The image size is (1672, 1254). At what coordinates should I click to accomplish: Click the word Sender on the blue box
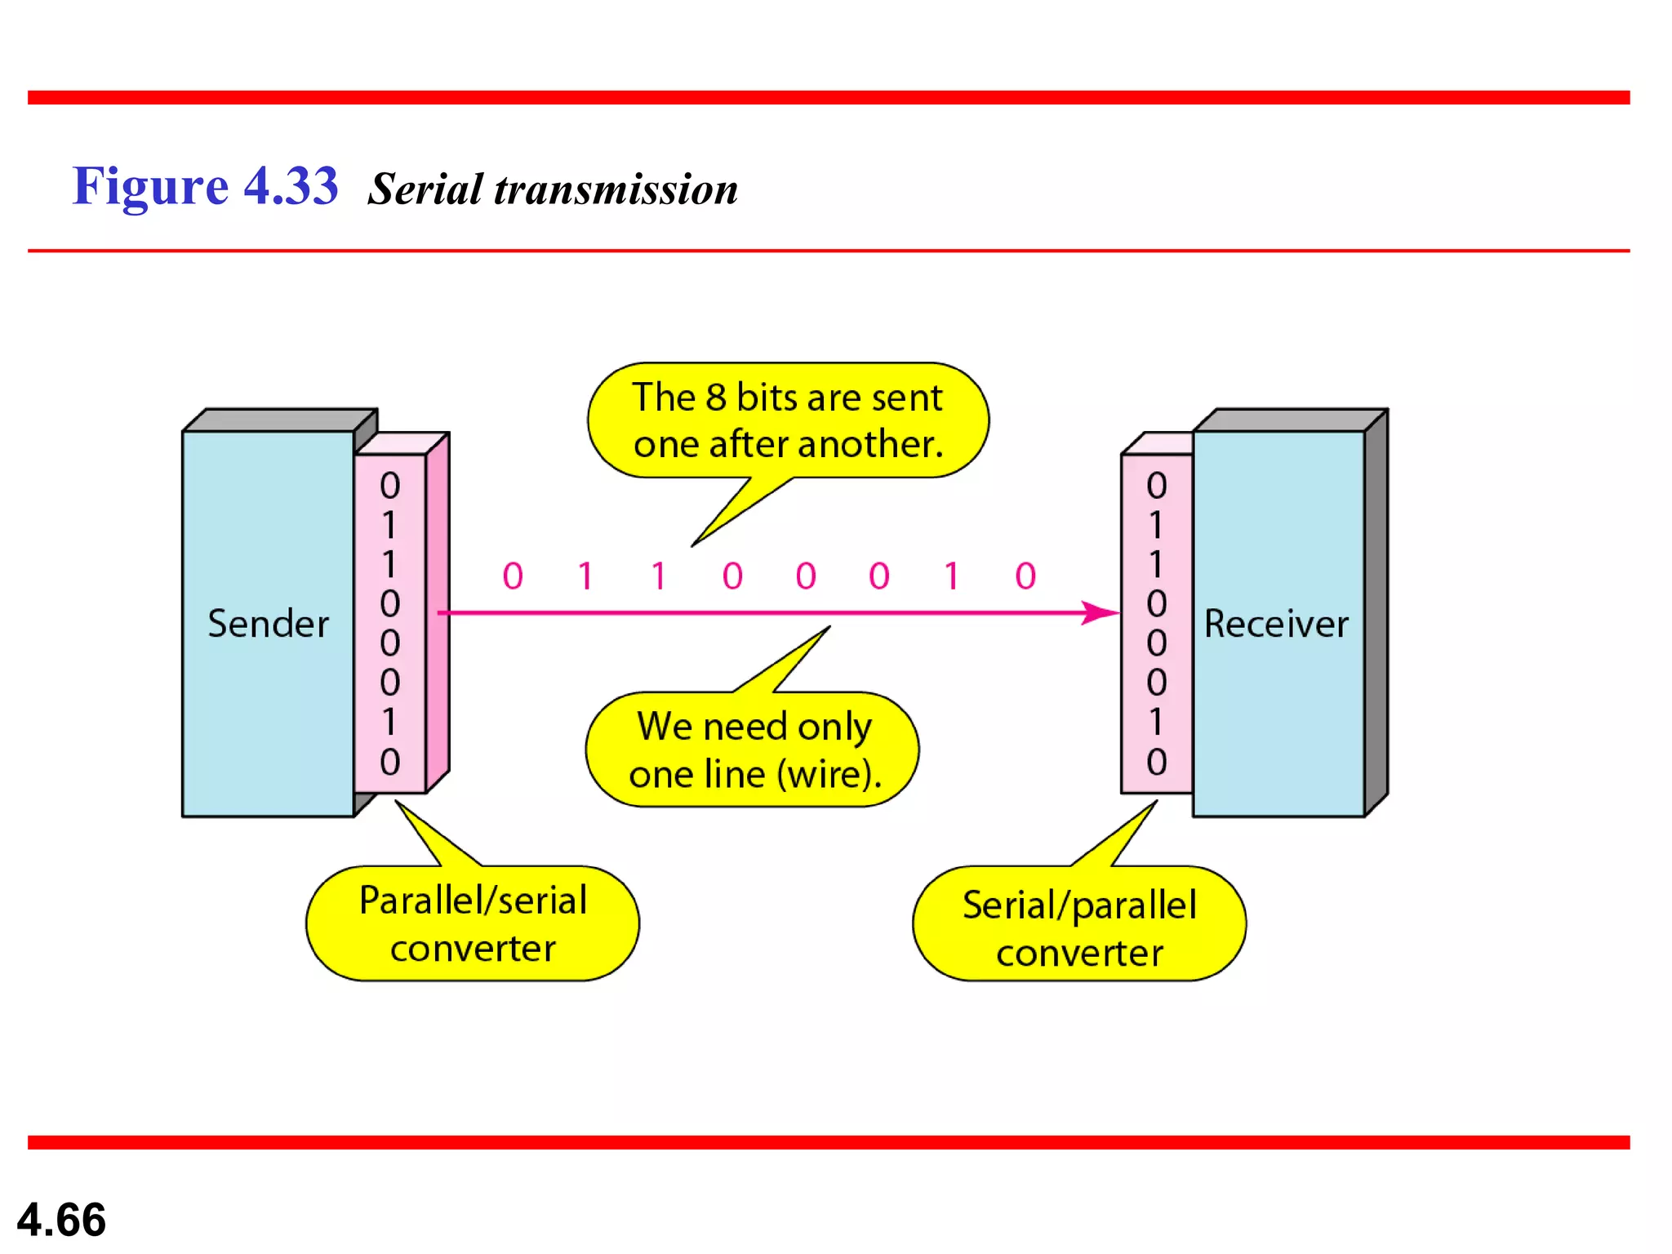[268, 624]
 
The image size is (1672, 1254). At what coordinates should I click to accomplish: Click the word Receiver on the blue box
[1276, 624]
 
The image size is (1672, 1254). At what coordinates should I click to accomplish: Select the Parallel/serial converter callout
[473, 923]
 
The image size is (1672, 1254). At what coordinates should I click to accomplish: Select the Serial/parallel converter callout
[1079, 927]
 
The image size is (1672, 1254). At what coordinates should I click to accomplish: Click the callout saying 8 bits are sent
[788, 420]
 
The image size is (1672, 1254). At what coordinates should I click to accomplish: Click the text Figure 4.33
[205, 186]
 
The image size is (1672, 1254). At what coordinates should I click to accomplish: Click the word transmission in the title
[616, 189]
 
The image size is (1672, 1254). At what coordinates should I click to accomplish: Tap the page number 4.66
[61, 1220]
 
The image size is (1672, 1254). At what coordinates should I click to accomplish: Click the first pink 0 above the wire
[513, 576]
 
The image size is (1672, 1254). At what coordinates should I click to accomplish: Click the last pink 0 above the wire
[1025, 576]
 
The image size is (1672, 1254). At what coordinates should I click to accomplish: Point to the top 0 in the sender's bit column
[390, 486]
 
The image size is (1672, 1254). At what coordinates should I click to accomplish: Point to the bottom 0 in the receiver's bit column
[1156, 762]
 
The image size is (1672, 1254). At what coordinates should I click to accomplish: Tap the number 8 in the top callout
[716, 398]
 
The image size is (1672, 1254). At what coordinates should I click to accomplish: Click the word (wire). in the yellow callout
[829, 774]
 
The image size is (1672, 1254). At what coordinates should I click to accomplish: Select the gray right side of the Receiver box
[1376, 612]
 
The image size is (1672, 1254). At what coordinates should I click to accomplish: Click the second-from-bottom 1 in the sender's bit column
[389, 722]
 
